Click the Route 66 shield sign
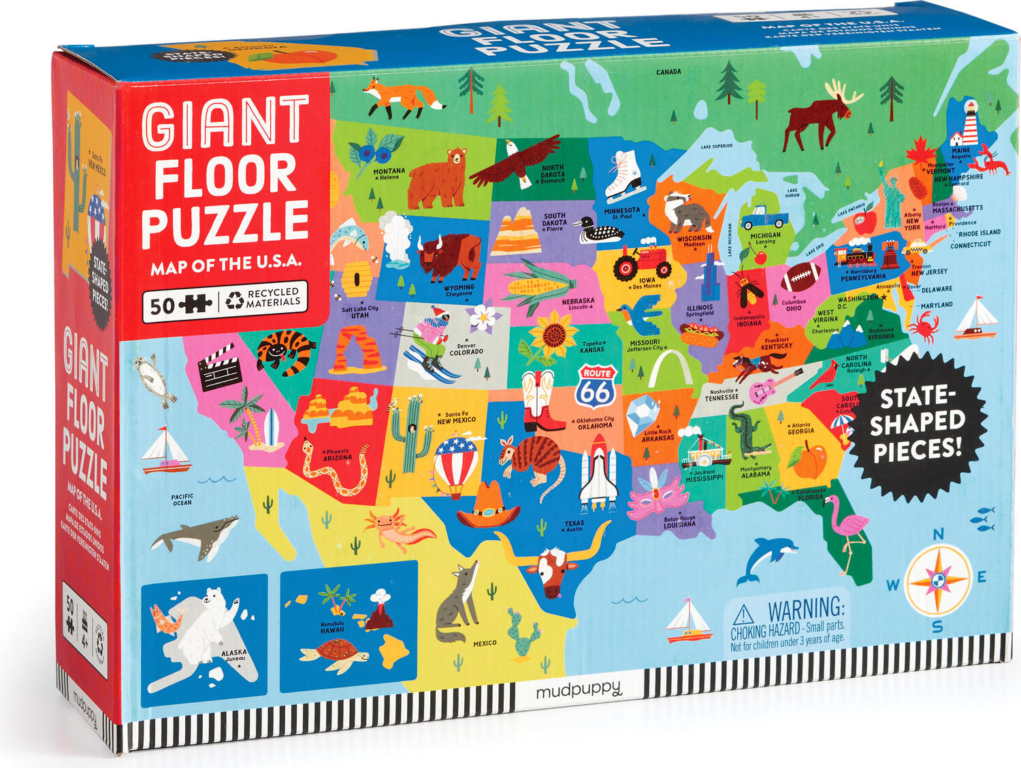[596, 386]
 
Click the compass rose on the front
[939, 580]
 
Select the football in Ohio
[800, 277]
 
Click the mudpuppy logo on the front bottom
[578, 691]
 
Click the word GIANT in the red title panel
[225, 122]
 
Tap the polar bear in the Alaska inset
[205, 626]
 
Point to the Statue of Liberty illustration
[892, 197]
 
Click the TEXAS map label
[574, 524]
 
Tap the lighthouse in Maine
[967, 122]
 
